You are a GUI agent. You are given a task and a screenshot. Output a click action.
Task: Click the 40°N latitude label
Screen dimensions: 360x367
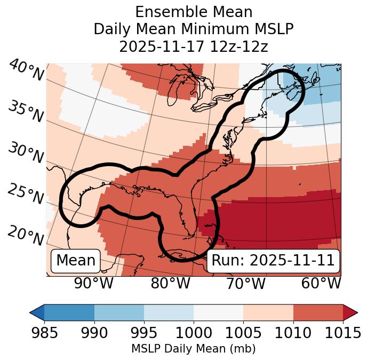26,71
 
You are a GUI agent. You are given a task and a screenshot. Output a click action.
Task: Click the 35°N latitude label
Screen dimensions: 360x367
26,111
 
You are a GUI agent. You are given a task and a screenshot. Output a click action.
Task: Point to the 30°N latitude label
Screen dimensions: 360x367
26,153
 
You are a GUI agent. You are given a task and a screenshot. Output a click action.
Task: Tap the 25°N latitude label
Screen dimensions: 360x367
26,194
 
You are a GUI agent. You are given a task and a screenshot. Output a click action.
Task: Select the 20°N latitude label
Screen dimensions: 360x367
26,235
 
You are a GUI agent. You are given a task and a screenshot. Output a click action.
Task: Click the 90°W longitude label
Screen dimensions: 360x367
94,284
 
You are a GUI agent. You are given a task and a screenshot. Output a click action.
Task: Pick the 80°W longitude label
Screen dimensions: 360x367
170,284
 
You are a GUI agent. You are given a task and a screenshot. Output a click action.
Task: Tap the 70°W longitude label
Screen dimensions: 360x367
246,284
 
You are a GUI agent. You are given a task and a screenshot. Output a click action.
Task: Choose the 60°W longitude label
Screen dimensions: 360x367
321,284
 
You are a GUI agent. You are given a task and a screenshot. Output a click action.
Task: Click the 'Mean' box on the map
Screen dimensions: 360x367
76,261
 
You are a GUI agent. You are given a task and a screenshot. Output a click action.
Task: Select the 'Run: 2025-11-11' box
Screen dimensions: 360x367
273,261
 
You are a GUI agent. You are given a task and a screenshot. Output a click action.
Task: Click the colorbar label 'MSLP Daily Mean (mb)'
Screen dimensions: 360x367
194,349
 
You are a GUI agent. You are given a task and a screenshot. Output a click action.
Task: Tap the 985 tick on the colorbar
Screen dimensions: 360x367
44,333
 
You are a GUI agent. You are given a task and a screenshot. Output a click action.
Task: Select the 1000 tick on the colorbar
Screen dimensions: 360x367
194,333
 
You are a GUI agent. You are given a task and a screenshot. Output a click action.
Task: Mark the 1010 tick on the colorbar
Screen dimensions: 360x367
293,333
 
